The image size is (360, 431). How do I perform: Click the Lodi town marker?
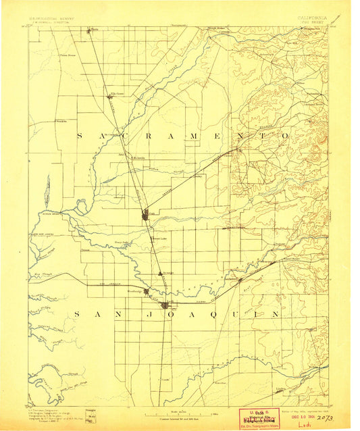[164, 305]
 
